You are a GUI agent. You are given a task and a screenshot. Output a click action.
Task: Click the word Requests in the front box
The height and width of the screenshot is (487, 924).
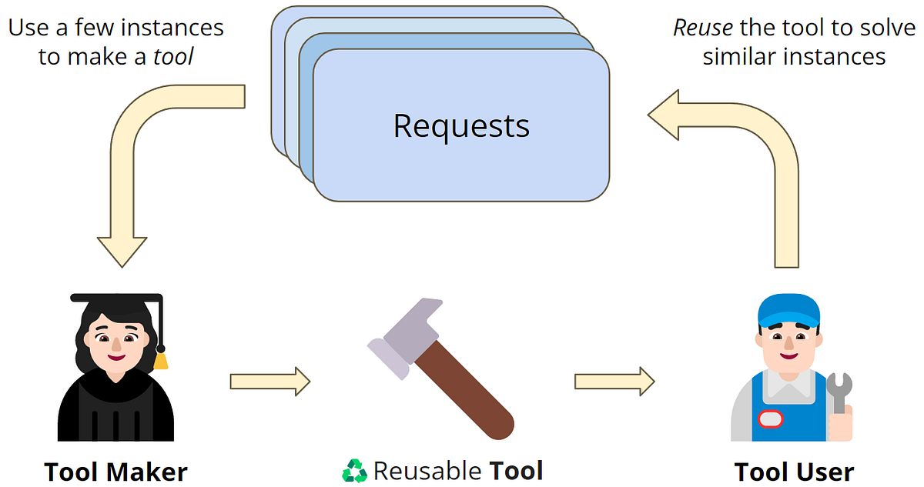click(x=461, y=125)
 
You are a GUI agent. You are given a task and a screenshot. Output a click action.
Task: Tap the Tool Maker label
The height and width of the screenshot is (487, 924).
click(x=115, y=471)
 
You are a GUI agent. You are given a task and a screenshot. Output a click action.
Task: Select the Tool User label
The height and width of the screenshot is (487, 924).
click(x=794, y=471)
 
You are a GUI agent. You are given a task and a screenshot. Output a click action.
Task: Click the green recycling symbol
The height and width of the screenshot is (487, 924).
click(x=355, y=470)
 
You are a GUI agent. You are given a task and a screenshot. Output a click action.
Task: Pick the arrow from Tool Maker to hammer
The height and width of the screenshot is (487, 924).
click(x=269, y=380)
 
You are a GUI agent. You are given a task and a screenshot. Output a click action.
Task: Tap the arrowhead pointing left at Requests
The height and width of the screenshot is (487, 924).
click(x=667, y=115)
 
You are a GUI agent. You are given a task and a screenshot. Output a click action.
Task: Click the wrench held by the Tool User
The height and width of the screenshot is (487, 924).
click(x=839, y=393)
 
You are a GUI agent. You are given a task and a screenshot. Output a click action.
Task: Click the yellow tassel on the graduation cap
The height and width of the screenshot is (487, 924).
click(x=160, y=359)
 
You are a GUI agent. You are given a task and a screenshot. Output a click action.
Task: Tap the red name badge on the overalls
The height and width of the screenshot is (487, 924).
click(x=770, y=419)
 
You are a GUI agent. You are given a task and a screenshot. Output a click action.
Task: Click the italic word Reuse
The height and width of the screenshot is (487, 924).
click(x=704, y=28)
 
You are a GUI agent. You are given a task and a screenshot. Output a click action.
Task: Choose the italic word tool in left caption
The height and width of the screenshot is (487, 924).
click(x=173, y=57)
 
